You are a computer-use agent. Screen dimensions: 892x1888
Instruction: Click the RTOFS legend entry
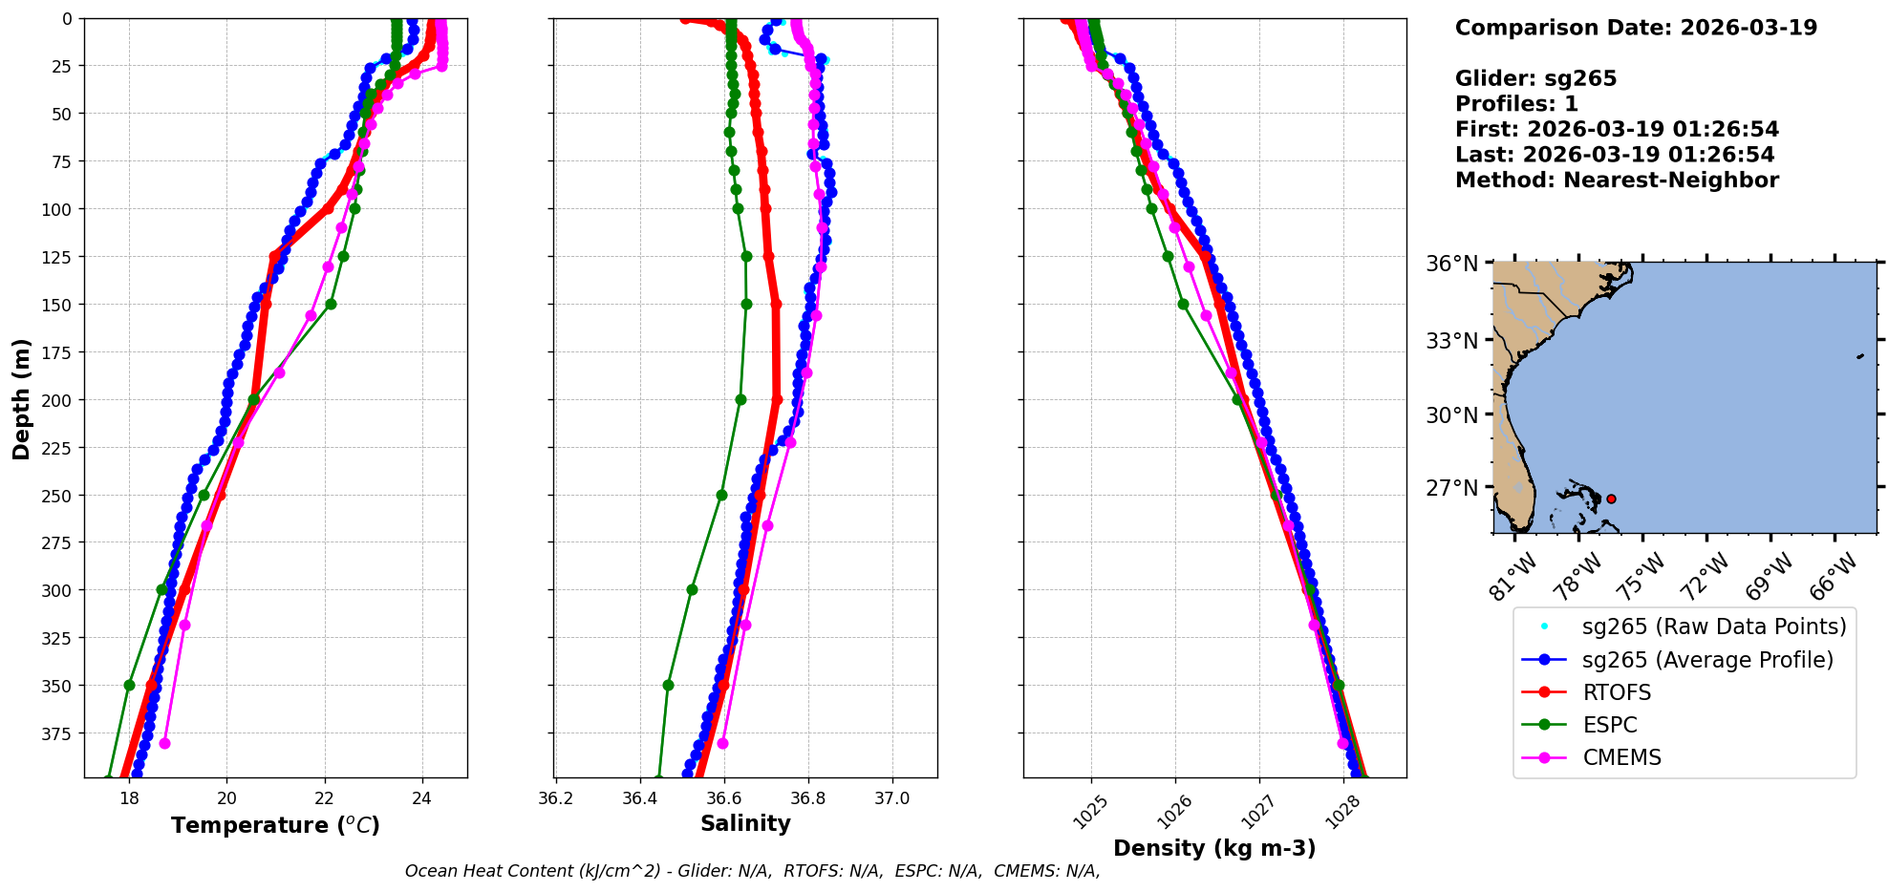click(x=1616, y=692)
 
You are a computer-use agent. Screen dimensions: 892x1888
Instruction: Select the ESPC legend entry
click(x=1609, y=725)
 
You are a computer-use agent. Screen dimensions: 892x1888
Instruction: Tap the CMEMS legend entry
click(x=1621, y=757)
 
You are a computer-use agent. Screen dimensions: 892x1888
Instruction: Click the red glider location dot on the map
click(x=1611, y=499)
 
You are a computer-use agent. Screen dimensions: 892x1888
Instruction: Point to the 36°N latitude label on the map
click(x=1451, y=264)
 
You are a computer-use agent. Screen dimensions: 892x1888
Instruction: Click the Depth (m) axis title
click(x=21, y=398)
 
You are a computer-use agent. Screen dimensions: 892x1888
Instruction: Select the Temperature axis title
click(x=275, y=825)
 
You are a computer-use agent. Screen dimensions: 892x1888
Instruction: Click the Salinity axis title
click(x=745, y=823)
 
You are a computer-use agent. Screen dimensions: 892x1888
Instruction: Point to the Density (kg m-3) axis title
click(x=1213, y=848)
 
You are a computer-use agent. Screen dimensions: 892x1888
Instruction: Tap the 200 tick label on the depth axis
click(x=60, y=400)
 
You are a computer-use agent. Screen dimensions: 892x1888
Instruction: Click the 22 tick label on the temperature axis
click(x=325, y=798)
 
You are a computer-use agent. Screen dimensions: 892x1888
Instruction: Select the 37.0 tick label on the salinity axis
click(x=892, y=798)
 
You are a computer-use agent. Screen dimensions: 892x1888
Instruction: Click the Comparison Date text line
click(x=1636, y=28)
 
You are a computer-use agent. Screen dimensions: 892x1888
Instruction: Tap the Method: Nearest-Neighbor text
click(x=1617, y=181)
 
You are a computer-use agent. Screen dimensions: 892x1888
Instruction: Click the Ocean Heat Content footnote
click(x=752, y=871)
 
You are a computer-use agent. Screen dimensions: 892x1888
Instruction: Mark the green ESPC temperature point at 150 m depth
click(x=331, y=304)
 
